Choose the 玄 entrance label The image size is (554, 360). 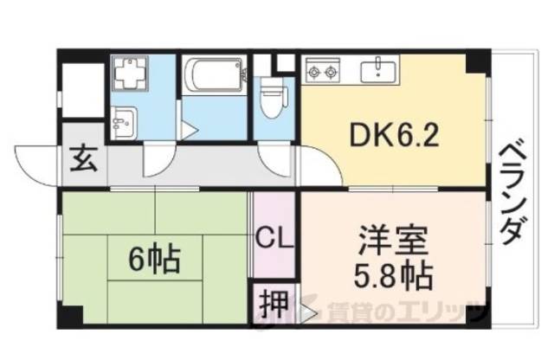(83, 160)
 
